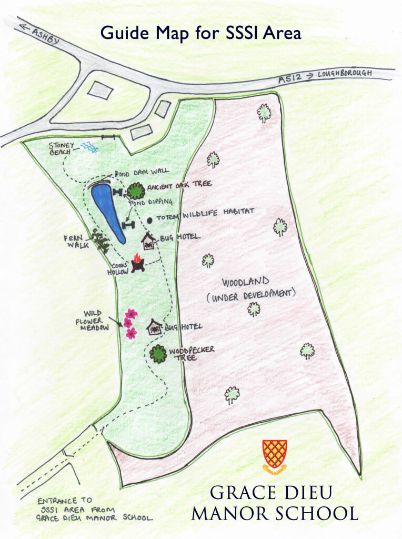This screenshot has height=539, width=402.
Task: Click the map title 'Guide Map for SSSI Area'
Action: [200, 33]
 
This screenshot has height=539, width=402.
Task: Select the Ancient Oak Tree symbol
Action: [136, 190]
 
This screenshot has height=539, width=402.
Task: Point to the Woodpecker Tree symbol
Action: [158, 354]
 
